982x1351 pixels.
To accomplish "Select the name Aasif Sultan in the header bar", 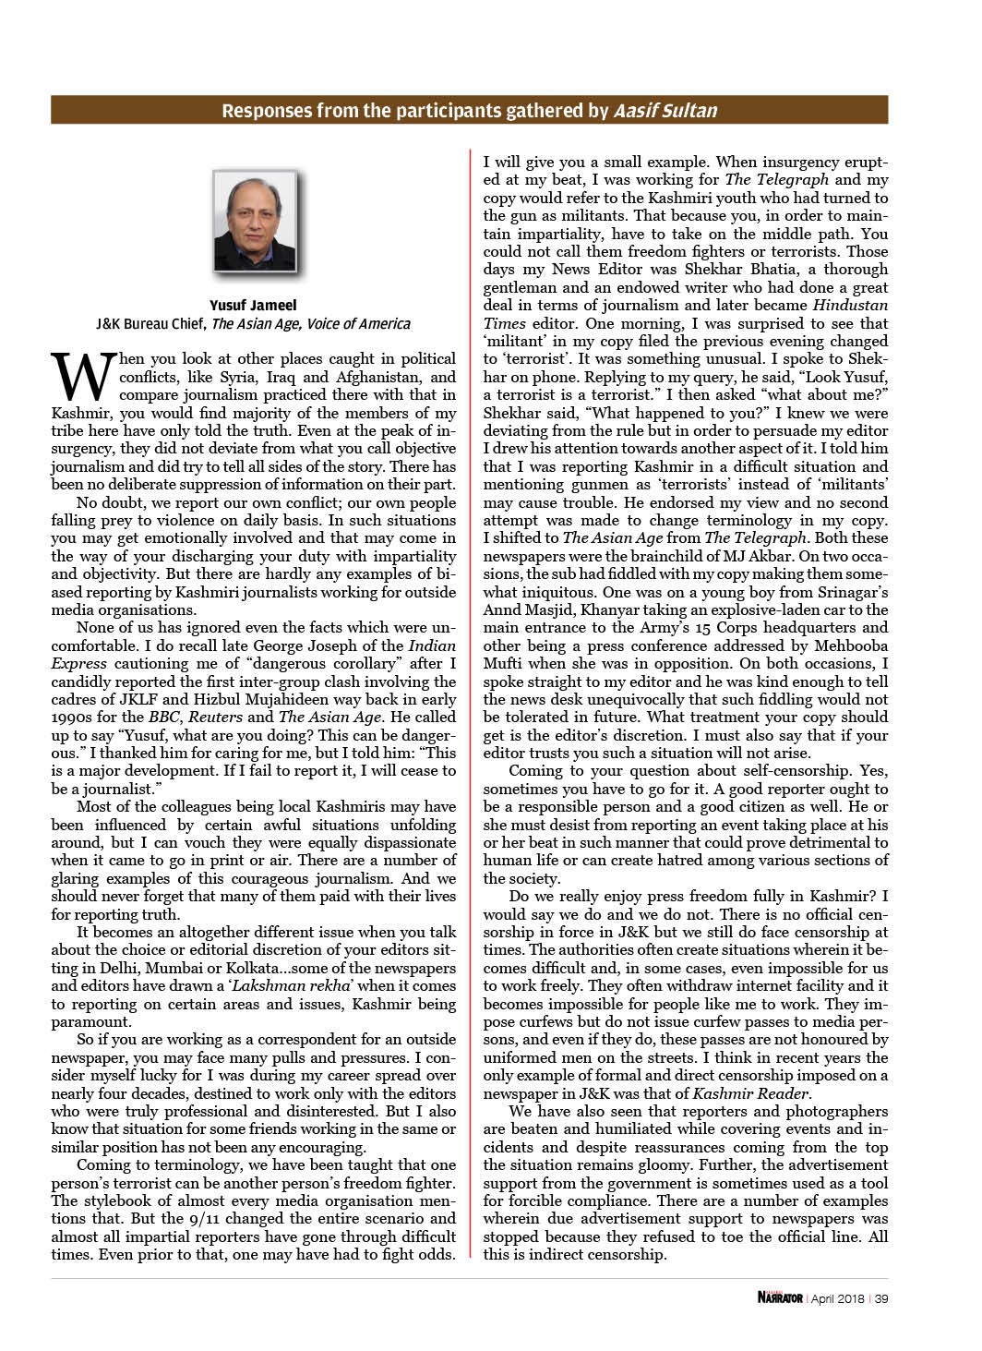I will click(665, 112).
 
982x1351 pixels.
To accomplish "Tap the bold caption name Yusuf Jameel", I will click(253, 306).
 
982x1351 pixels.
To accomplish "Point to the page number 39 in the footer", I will click(880, 1298).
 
